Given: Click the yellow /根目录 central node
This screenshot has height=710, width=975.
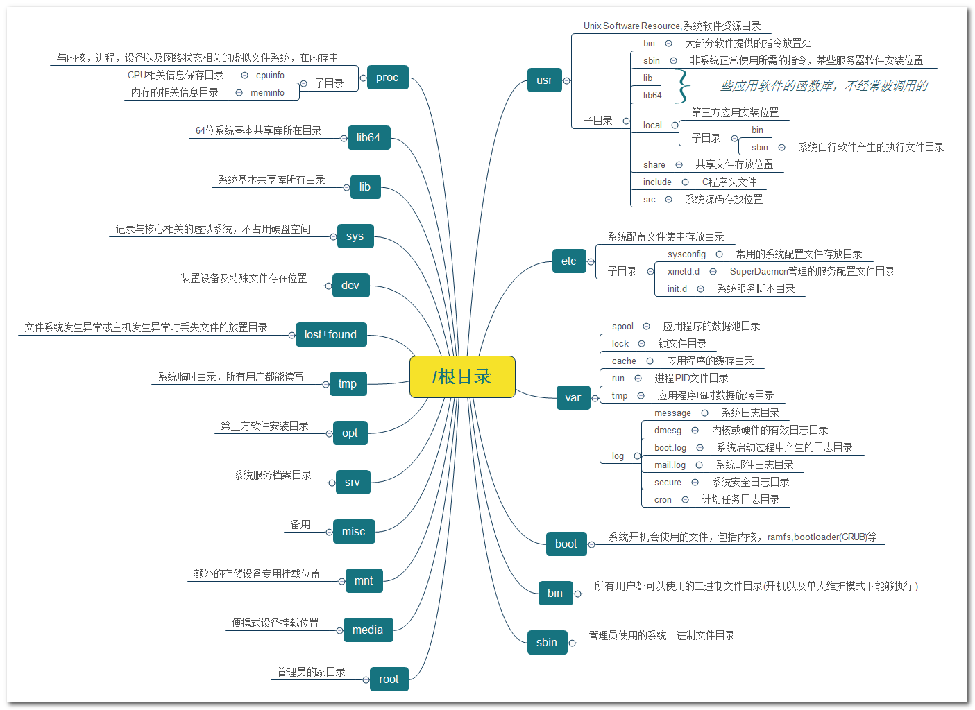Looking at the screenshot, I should (462, 376).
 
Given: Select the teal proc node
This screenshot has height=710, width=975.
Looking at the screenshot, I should (387, 78).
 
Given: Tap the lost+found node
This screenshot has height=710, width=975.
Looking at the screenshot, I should (330, 335).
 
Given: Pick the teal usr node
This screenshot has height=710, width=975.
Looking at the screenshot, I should (544, 80).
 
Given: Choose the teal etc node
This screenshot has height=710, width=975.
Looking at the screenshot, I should (568, 261).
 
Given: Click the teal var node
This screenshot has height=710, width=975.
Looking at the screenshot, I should (573, 398).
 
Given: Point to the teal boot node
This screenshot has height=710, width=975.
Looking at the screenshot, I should (566, 544).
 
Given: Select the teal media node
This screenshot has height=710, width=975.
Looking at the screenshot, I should (367, 630).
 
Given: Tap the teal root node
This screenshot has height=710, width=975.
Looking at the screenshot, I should (389, 679).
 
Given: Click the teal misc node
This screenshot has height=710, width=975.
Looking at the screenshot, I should (353, 532).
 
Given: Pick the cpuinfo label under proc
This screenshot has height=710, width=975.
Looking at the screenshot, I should (270, 76).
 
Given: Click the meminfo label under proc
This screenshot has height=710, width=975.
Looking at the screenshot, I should (267, 93).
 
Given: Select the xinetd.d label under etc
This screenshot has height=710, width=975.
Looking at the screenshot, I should (684, 272).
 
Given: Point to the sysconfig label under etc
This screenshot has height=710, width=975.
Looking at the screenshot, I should (686, 254).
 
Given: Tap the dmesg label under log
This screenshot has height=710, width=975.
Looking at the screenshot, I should (668, 431).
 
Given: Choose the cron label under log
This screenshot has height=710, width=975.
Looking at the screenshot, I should (663, 500).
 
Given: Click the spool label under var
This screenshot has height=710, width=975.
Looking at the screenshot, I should (622, 327).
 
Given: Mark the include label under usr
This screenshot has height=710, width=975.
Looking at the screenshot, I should (657, 182).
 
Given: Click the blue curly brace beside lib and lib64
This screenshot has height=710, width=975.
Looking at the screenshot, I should (684, 87).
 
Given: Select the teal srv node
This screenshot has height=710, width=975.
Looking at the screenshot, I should (353, 483).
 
